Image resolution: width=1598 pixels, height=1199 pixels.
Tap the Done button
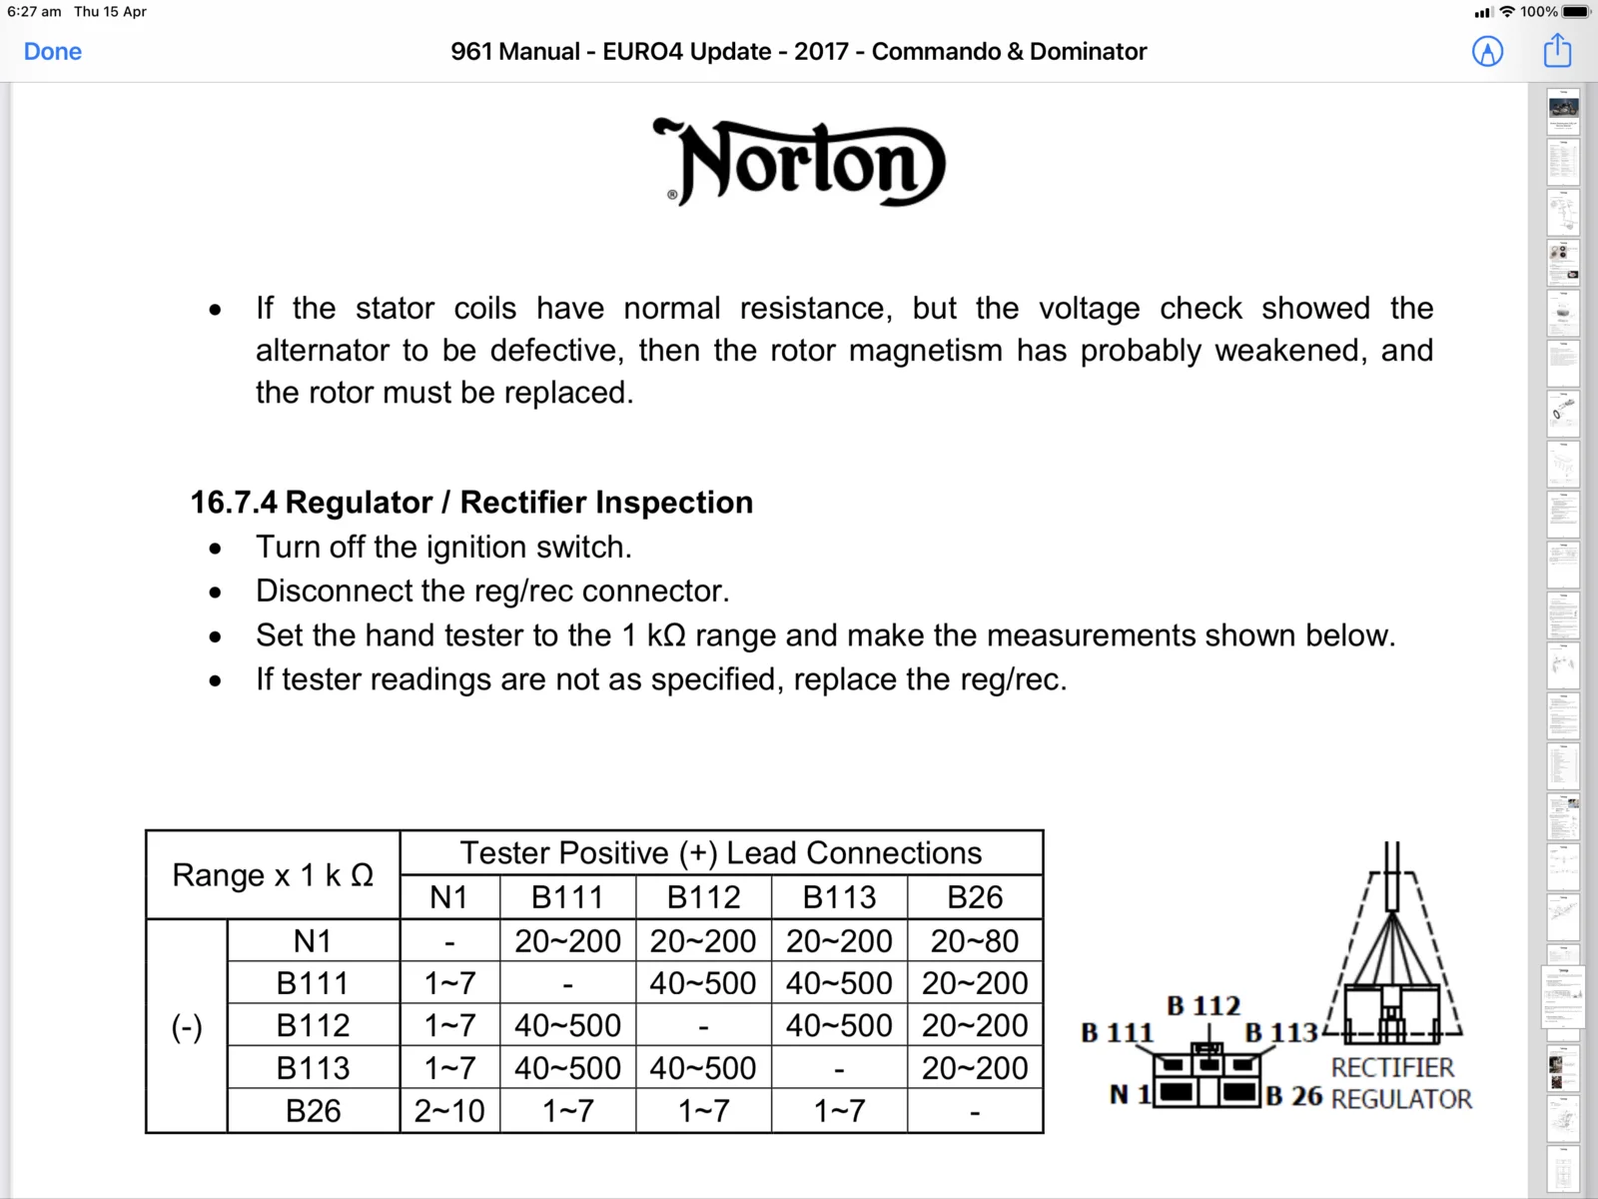[x=53, y=51]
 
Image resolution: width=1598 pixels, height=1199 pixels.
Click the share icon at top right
[x=1557, y=50]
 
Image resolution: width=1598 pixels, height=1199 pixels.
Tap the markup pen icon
[x=1487, y=51]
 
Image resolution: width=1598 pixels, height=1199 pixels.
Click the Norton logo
[x=799, y=163]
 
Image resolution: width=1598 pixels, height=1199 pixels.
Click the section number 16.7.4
[x=234, y=503]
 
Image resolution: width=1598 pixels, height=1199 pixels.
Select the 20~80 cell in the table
[x=974, y=940]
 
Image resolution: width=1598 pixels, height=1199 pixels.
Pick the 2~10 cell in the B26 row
[x=449, y=1110]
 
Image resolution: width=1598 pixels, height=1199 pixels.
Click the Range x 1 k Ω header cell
[x=273, y=875]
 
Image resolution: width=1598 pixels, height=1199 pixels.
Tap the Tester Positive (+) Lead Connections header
[x=720, y=853]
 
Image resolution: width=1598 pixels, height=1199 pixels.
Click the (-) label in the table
[x=187, y=1026]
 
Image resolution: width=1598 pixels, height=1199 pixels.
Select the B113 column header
[x=839, y=897]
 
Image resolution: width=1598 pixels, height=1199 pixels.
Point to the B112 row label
[x=313, y=1025]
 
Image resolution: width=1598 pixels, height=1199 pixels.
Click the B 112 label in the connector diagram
[x=1203, y=1005]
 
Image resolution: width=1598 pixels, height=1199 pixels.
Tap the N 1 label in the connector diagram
[x=1130, y=1095]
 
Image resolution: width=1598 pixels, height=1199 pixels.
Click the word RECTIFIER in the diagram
[x=1392, y=1067]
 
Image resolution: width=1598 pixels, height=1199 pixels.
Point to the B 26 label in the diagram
[x=1294, y=1096]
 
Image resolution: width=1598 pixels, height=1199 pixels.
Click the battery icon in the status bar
[x=1576, y=12]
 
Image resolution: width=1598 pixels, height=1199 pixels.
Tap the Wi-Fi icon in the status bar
[x=1507, y=12]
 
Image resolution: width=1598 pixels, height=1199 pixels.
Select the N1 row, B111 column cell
[x=567, y=940]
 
